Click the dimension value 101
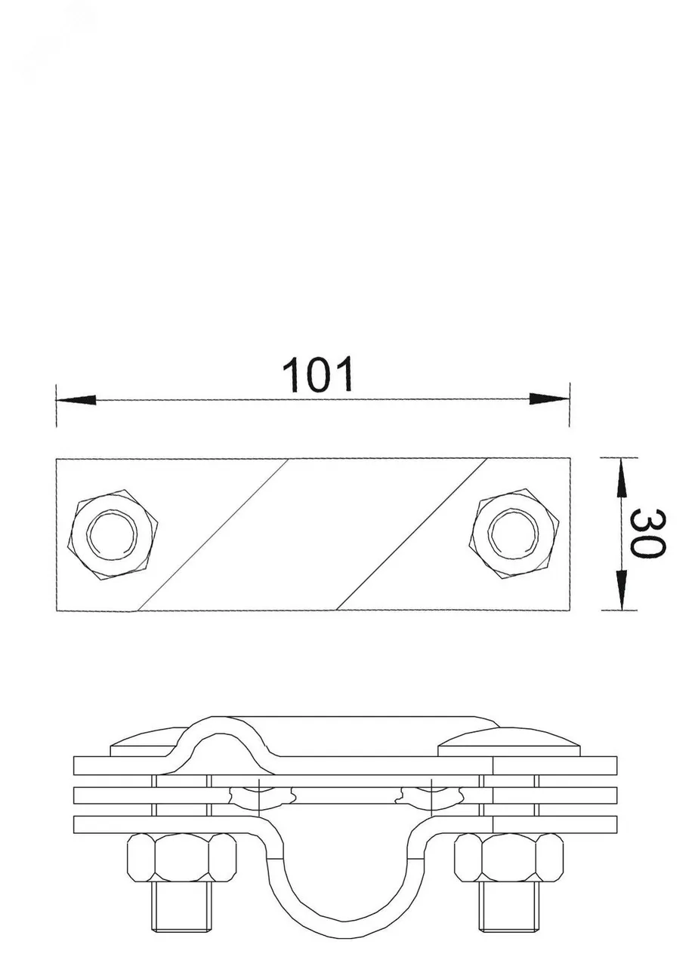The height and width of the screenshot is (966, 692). [317, 374]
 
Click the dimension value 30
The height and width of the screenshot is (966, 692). [647, 533]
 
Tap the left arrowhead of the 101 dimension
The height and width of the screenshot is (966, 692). [76, 399]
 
